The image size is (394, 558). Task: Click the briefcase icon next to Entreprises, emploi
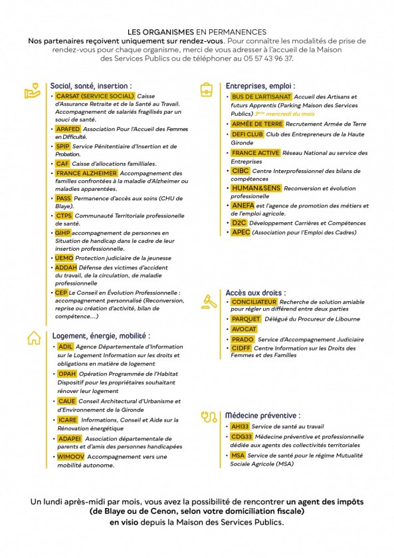click(x=208, y=88)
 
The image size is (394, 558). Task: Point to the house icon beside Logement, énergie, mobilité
click(x=33, y=338)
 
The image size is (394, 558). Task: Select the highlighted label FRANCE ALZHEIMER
click(x=86, y=173)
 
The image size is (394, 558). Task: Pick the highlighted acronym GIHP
click(x=62, y=233)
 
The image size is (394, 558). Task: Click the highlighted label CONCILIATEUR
click(x=254, y=302)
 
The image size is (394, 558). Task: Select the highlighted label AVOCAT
click(x=245, y=329)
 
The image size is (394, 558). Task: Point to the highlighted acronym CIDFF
click(x=241, y=348)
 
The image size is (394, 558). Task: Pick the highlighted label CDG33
click(x=241, y=437)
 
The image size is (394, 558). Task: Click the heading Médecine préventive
click(x=262, y=415)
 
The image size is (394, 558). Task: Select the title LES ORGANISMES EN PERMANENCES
click(x=197, y=32)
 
